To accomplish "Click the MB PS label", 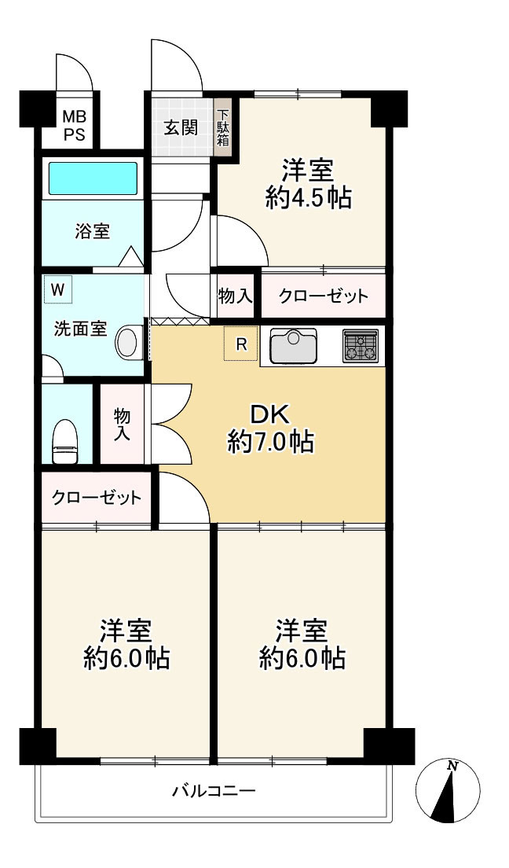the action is (74, 126).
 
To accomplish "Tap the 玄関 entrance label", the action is (181, 128).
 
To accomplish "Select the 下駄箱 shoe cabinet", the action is (223, 128).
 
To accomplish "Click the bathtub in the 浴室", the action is (93, 178).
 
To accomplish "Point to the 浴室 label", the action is (93, 231).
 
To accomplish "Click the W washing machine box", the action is (58, 289).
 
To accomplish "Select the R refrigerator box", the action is (240, 344).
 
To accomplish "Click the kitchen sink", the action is (293, 346).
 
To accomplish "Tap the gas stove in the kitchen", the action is (361, 346).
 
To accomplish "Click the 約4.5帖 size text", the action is (308, 197).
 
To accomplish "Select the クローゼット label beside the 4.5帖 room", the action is (323, 296).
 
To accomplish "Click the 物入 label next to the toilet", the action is (122, 425).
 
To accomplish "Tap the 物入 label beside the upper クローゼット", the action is (235, 296).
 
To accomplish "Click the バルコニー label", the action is (214, 790).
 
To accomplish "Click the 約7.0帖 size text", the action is (270, 443).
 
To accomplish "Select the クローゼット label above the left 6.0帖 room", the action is (97, 498).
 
